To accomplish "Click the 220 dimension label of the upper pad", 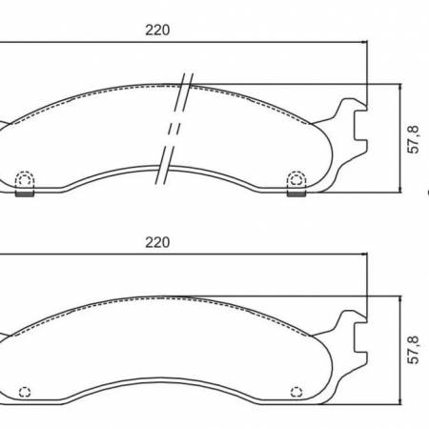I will (x=157, y=30).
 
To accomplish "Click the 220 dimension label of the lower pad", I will (x=157, y=242).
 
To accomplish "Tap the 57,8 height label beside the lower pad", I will (x=413, y=350).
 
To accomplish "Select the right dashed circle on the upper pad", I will (x=297, y=177).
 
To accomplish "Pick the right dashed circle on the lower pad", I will (x=297, y=390).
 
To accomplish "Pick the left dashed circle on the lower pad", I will (x=26, y=390).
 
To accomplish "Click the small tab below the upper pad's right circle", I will (x=297, y=194).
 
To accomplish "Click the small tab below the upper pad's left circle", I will (x=26, y=194).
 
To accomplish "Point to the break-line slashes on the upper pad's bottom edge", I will (x=166, y=167).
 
